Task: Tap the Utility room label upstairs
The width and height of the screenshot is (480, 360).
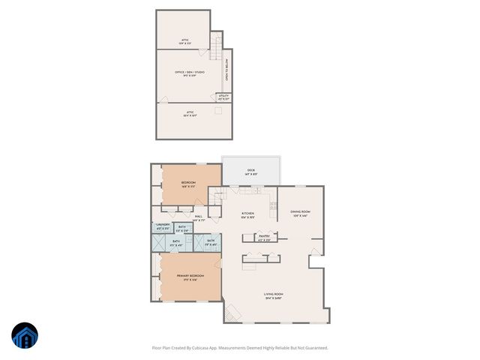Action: tap(223, 97)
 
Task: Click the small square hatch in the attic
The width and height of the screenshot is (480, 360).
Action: tap(217, 111)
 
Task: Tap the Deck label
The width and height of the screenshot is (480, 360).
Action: tap(251, 172)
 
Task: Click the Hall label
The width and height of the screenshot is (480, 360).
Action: tap(198, 218)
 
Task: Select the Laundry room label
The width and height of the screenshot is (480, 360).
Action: tap(163, 226)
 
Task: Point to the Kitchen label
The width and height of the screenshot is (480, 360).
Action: tap(247, 215)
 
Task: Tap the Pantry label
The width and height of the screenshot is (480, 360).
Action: tap(264, 238)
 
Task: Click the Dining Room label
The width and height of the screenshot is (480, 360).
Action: tap(300, 214)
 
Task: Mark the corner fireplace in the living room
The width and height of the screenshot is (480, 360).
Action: tap(232, 314)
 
